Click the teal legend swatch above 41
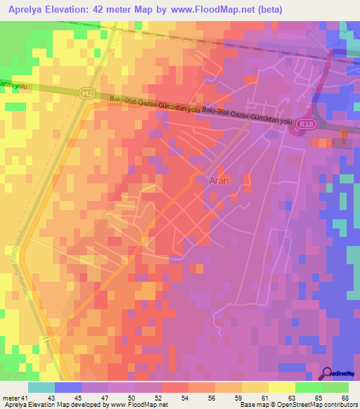coord(41,387)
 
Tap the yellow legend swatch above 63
coord(282,387)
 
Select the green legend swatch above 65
coord(309,387)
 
